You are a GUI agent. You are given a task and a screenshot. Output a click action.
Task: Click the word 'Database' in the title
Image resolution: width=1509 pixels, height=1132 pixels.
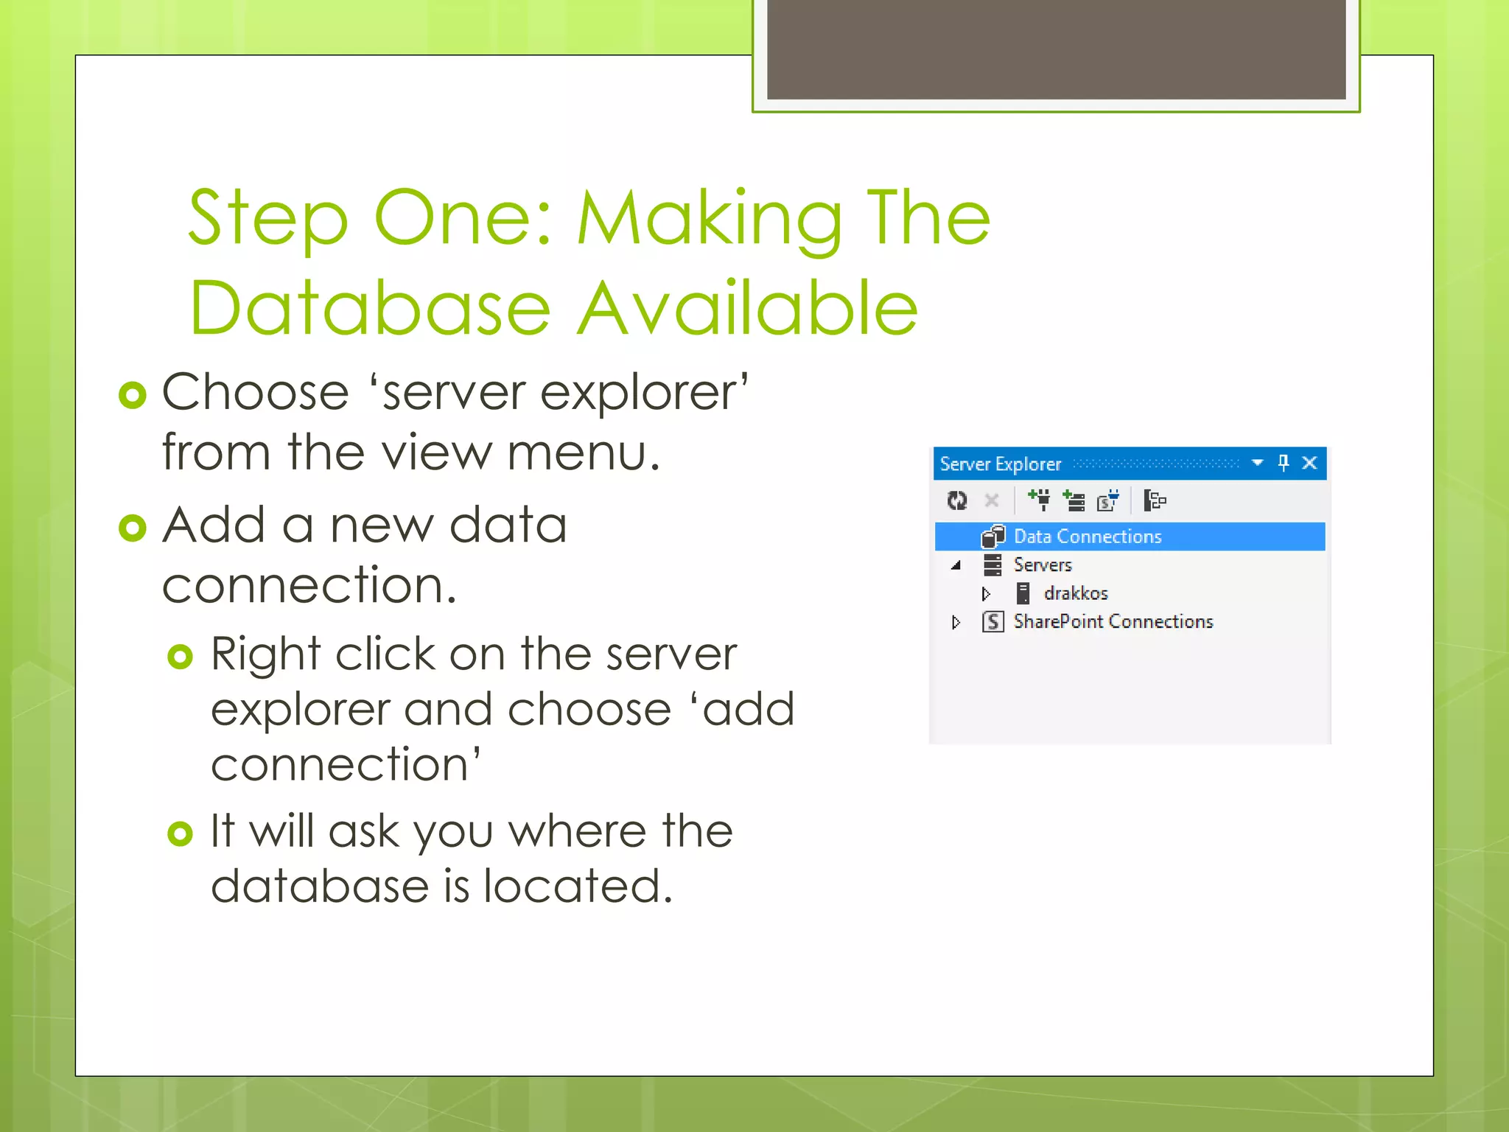coord(370,308)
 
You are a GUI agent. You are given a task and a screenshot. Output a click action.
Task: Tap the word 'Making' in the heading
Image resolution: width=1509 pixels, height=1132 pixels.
coord(709,219)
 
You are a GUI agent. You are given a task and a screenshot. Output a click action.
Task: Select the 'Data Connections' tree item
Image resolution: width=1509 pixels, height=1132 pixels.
coord(1087,537)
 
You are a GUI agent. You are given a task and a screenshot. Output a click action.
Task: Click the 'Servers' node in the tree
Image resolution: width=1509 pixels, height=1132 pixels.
coord(1042,565)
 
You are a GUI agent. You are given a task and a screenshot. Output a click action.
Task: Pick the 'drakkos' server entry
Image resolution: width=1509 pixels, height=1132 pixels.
coord(1075,593)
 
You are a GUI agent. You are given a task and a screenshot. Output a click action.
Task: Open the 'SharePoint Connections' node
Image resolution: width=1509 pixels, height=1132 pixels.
coord(1113,622)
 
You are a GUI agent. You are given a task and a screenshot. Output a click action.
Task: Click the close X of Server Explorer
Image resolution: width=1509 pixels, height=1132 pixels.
coord(1309,463)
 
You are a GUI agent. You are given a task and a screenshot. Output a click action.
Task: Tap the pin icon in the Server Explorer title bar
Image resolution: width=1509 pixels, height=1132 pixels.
coord(1284,463)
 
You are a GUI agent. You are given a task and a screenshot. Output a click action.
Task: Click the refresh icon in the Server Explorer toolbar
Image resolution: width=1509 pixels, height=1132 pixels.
coord(957,501)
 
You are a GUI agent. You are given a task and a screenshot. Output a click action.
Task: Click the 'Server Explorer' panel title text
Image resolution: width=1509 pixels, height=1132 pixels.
coord(1000,464)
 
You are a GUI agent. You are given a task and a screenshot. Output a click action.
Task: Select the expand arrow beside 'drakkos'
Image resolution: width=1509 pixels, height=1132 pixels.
coord(986,594)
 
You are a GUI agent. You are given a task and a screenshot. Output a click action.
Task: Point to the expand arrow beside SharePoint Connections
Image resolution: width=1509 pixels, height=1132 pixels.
coord(956,623)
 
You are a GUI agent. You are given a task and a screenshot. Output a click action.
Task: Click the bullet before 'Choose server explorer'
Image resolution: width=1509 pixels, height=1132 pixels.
coord(133,396)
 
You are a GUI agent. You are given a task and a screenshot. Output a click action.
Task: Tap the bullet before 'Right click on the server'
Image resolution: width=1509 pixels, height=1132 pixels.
coord(181,656)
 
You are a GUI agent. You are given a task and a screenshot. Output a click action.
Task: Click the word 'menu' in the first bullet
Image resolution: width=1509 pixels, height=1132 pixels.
coord(582,453)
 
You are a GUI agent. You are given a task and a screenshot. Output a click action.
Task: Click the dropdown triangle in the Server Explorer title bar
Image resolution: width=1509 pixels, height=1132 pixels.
coord(1258,463)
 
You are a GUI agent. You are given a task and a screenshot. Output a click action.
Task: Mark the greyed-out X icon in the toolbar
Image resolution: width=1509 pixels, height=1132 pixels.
coord(992,501)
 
